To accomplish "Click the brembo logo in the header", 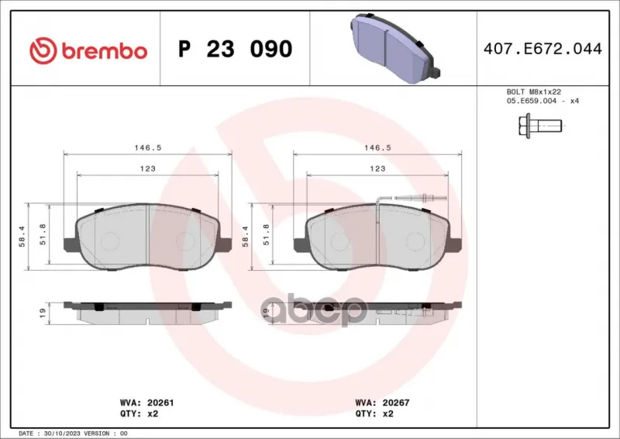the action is (88, 51).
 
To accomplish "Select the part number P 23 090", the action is (236, 49).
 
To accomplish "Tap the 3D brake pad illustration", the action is (394, 48).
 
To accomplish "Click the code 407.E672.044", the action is (542, 49).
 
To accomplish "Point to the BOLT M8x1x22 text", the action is (534, 92).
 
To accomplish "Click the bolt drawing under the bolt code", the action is (540, 126).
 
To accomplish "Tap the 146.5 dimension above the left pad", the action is (148, 147).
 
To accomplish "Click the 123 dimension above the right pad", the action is (377, 168).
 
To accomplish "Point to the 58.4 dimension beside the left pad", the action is (22, 237).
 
